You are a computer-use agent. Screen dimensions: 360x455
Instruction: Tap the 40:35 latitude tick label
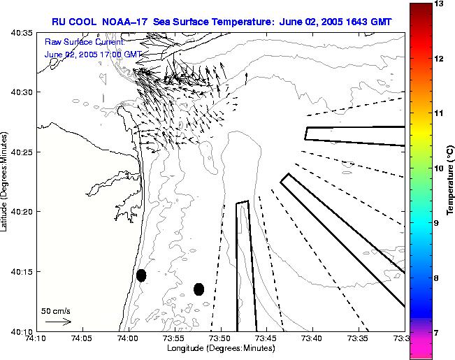[x=19, y=32]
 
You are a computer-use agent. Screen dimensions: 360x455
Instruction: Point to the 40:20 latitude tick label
[x=19, y=211]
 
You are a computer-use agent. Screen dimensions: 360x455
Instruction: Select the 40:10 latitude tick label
[x=19, y=331]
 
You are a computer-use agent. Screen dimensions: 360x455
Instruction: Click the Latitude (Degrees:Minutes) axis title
[x=6, y=182]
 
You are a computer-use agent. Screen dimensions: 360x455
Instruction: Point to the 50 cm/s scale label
[x=56, y=311]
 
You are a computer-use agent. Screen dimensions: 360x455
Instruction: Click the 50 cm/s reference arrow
[x=59, y=322]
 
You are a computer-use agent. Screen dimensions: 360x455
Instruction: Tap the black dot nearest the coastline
[x=141, y=275]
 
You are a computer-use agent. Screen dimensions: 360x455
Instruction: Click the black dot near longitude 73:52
[x=198, y=289]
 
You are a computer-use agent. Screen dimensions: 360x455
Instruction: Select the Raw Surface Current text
[x=84, y=43]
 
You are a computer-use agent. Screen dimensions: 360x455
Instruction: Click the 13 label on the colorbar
[x=438, y=4]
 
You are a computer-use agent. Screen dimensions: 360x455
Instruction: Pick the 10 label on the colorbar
[x=438, y=168]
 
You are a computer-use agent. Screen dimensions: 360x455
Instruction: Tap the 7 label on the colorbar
[x=438, y=333]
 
